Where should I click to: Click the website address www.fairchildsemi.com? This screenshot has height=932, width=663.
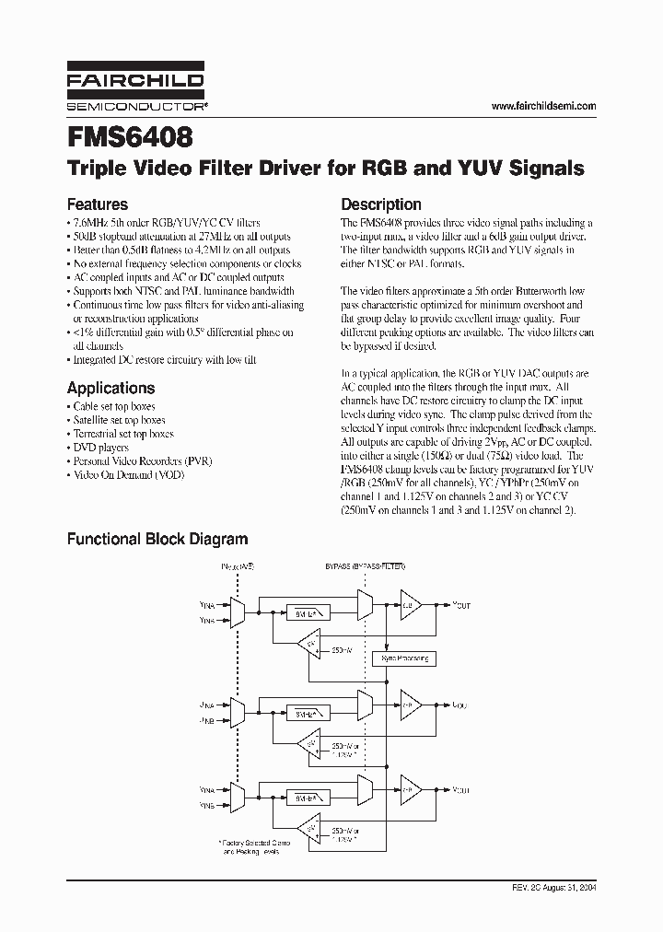point(543,107)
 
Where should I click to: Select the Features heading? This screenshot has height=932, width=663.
point(97,204)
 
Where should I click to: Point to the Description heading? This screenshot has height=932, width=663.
point(381,204)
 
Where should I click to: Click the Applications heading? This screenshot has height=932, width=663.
point(110,388)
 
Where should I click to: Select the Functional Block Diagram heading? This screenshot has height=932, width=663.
point(157,539)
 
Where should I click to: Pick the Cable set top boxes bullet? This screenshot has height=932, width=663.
point(113,406)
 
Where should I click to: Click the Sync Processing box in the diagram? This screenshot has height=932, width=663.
point(404,658)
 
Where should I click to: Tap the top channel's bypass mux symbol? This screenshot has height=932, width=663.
point(363,604)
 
